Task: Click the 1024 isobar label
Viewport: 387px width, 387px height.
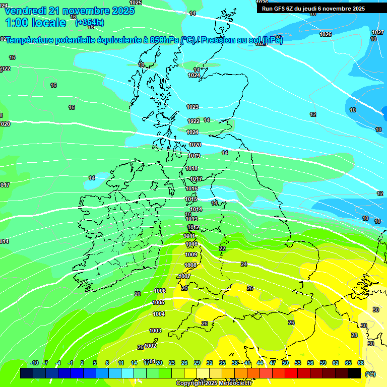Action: pos(194,75)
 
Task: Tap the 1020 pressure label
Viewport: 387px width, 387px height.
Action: pos(195,145)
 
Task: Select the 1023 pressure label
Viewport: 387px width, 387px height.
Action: pos(192,107)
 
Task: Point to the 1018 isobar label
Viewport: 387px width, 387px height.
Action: pos(191,168)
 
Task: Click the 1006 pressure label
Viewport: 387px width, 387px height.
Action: pos(160,291)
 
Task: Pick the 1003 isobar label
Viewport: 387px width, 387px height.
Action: pos(155,331)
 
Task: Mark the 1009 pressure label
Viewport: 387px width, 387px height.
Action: pos(191,254)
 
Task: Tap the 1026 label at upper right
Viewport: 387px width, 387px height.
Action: pos(326,34)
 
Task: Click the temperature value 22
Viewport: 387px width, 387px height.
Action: pos(222,248)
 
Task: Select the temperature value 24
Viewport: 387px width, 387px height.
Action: pos(244,264)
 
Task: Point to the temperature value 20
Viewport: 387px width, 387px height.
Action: pos(137,294)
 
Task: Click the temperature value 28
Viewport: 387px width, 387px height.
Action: pos(354,335)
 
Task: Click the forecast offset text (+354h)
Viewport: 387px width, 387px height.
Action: pos(90,23)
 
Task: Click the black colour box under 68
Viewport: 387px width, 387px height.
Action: pos(354,373)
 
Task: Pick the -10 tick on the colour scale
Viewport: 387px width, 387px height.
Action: pos(34,363)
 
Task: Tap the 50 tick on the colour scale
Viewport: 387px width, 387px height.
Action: pos(285,363)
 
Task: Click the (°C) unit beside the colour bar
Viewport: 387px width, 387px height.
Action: pos(370,374)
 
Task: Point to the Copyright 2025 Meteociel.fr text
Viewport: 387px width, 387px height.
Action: pos(214,383)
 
